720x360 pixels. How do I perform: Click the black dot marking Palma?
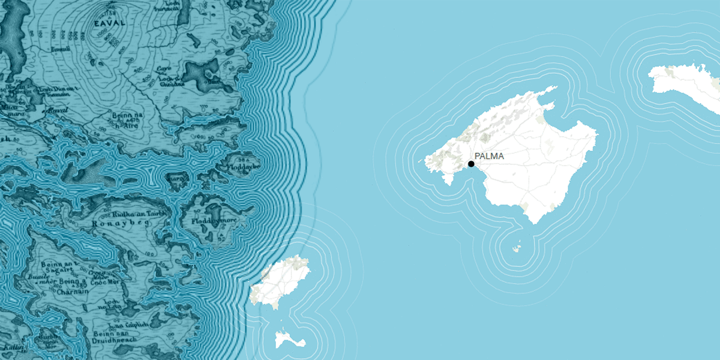(471, 164)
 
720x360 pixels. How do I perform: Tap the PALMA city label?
(489, 157)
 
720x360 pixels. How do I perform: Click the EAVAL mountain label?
(109, 22)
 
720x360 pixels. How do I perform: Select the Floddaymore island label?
(212, 221)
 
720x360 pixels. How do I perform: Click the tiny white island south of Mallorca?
(517, 247)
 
